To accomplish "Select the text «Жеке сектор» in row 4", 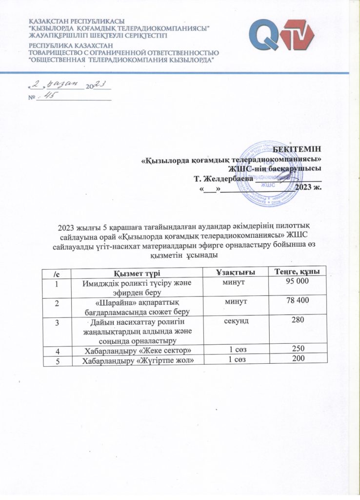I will tap(161, 350).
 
